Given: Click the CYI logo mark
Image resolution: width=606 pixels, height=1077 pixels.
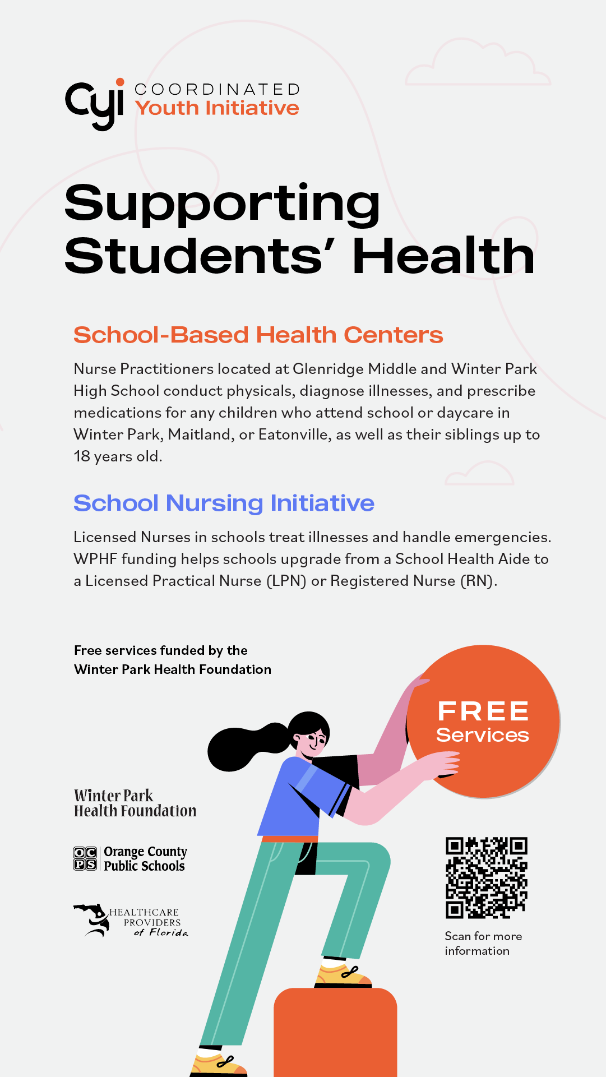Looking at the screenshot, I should tap(94, 104).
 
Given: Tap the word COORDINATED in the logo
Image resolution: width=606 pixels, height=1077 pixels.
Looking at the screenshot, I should tap(217, 90).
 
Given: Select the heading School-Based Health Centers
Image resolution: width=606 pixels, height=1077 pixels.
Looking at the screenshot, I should tap(258, 335).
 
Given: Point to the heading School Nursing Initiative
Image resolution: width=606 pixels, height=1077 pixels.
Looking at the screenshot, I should tap(224, 503).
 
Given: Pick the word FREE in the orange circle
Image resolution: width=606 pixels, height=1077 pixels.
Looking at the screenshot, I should tap(483, 711).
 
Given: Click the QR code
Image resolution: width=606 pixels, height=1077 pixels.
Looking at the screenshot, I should tap(486, 877).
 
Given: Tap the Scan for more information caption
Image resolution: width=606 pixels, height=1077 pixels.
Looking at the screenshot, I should tap(483, 944).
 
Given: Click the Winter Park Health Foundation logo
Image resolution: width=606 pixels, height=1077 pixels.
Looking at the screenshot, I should tap(135, 803).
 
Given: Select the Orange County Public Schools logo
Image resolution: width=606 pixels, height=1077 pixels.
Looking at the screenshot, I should tap(130, 858).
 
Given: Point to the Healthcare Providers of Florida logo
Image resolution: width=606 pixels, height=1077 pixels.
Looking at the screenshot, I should tap(131, 921).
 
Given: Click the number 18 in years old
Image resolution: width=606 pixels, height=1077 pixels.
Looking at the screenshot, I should tap(82, 456).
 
